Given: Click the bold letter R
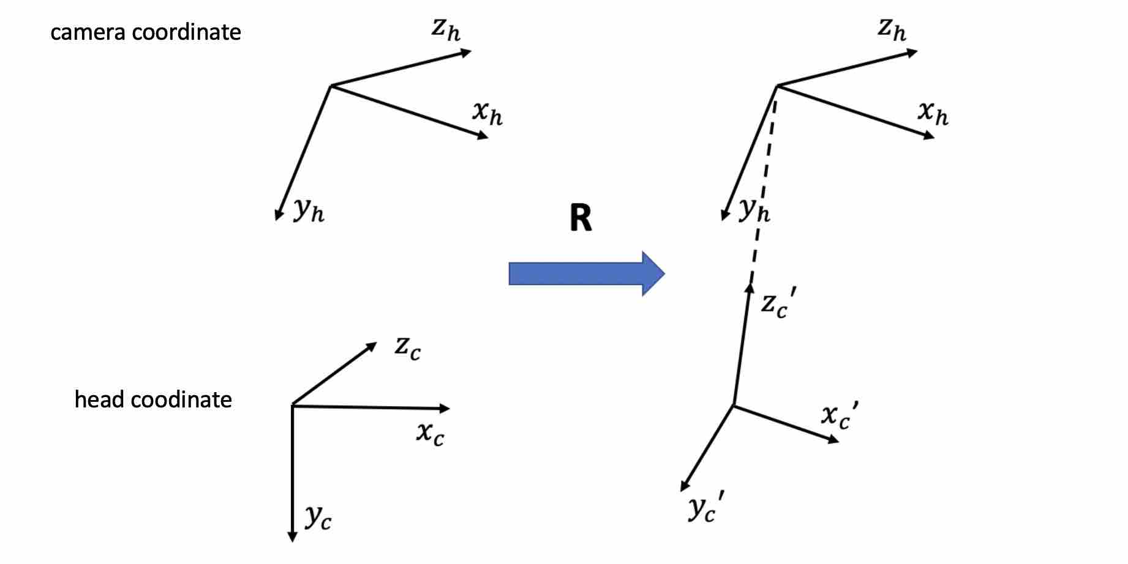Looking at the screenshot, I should [x=581, y=218].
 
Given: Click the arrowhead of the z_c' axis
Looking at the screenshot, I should [x=749, y=288].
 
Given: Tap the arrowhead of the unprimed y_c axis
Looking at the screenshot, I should [x=292, y=537].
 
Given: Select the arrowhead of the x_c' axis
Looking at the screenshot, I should [x=833, y=439].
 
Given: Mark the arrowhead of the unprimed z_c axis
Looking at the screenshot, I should [x=371, y=346].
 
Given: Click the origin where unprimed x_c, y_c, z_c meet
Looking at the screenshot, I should [x=292, y=405].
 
